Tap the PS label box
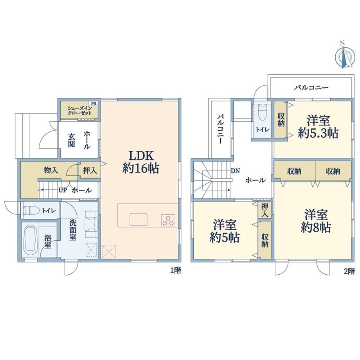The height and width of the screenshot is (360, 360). pyautogui.click(x=94, y=104)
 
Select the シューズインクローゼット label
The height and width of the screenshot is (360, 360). pyautogui.click(x=79, y=110)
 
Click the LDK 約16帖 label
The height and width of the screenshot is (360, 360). pyautogui.click(x=140, y=162)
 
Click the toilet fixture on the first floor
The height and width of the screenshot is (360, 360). pyautogui.click(x=30, y=210)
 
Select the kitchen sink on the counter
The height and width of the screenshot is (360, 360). pyautogui.click(x=139, y=219)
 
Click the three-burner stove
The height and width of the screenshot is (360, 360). pyautogui.click(x=168, y=220)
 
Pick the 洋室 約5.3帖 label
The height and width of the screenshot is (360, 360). pyautogui.click(x=318, y=126)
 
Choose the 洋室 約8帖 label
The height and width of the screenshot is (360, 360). pyautogui.click(x=316, y=221)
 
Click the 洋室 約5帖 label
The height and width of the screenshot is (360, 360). pyautogui.click(x=225, y=231)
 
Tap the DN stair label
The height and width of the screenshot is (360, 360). pyautogui.click(x=235, y=171)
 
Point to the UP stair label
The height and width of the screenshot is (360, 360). pyautogui.click(x=63, y=190)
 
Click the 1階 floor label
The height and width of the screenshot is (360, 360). pyautogui.click(x=176, y=270)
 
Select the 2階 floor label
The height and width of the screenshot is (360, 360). pyautogui.click(x=349, y=272)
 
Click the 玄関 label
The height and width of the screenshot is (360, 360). pyautogui.click(x=71, y=140)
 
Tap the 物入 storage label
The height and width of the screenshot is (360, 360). pyautogui.click(x=51, y=170)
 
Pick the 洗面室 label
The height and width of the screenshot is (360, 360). pyautogui.click(x=73, y=230)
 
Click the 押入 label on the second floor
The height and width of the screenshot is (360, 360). pyautogui.click(x=265, y=210)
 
